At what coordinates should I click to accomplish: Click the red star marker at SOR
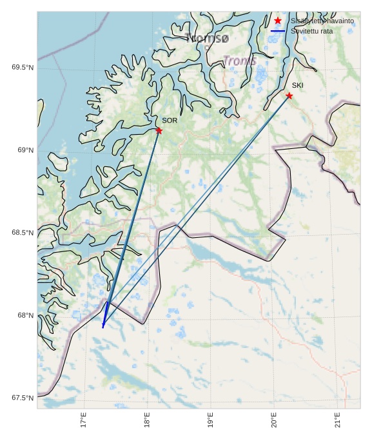tap(159, 131)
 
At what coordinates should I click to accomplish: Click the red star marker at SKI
tap(289, 96)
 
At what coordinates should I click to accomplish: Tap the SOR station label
tap(170, 121)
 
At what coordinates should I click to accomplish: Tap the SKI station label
tap(297, 86)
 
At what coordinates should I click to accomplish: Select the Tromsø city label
tap(207, 38)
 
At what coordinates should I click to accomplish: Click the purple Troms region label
tap(240, 61)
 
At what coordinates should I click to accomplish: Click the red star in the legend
tap(278, 21)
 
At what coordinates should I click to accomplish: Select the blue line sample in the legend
tap(278, 30)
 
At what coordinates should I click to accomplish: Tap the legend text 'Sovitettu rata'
tap(312, 30)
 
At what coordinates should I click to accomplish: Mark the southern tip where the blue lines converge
tap(103, 327)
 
